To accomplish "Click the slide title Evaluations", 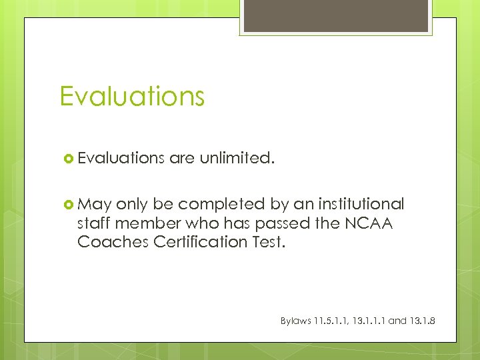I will (x=131, y=97).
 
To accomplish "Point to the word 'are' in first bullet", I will (x=181, y=158).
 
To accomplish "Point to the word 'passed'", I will (x=277, y=223).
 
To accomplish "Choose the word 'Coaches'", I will (x=113, y=241).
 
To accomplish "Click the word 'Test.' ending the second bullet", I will (x=269, y=241).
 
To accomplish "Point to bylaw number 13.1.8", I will (x=423, y=321).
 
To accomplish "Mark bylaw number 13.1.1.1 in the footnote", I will (x=370, y=321).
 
